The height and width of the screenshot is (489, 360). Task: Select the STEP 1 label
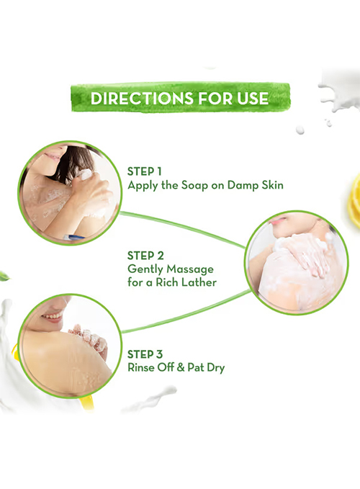(145, 171)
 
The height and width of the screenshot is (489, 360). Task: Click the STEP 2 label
(145, 256)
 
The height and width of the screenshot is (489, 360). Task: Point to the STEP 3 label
(145, 354)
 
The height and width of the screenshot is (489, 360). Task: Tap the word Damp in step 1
(242, 185)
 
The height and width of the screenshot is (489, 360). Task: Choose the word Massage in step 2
(190, 269)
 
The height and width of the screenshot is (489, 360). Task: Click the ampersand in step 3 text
(181, 368)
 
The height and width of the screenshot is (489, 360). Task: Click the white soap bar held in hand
(84, 174)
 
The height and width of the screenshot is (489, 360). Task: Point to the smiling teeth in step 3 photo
(53, 316)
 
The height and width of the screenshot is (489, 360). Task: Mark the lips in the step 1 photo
(52, 156)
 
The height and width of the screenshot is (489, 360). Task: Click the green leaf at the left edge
(4, 276)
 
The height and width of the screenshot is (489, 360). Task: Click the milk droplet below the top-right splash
(300, 130)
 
